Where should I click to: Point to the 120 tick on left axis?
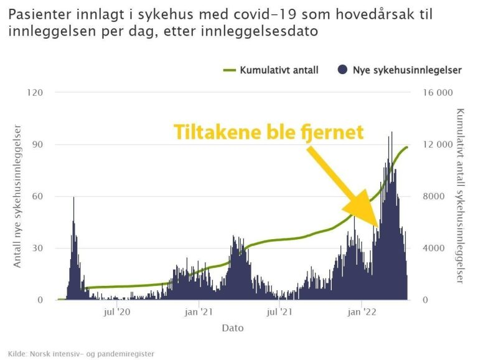pyautogui.click(x=35, y=93)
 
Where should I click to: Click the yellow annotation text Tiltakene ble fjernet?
pyautogui.click(x=268, y=132)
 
